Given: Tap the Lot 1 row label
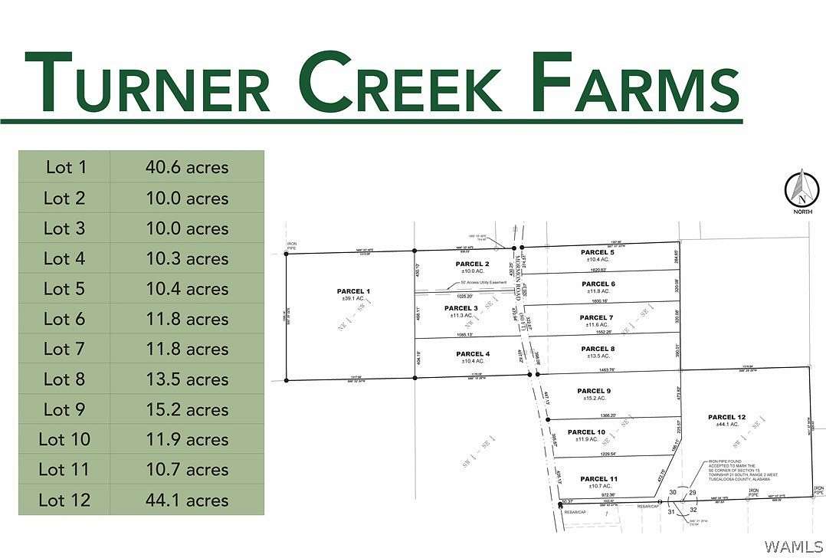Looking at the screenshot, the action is coord(65,167).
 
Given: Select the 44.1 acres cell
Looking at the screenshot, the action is coord(187,501).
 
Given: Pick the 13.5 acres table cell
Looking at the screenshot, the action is coord(187,379).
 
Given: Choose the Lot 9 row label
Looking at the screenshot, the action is coord(65,409).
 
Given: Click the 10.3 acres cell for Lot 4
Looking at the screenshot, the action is coord(187,258).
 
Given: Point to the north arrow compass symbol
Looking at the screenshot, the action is coord(802,189).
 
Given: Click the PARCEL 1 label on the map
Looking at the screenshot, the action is coord(352,291).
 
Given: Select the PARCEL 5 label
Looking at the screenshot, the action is coord(597,252).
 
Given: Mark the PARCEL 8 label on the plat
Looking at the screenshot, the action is coord(597,348).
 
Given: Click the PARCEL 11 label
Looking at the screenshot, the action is coord(598,479).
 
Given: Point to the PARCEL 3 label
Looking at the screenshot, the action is coord(461,308).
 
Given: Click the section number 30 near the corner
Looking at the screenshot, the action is coord(673,492).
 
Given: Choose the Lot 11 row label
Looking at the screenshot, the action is coord(65,470).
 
